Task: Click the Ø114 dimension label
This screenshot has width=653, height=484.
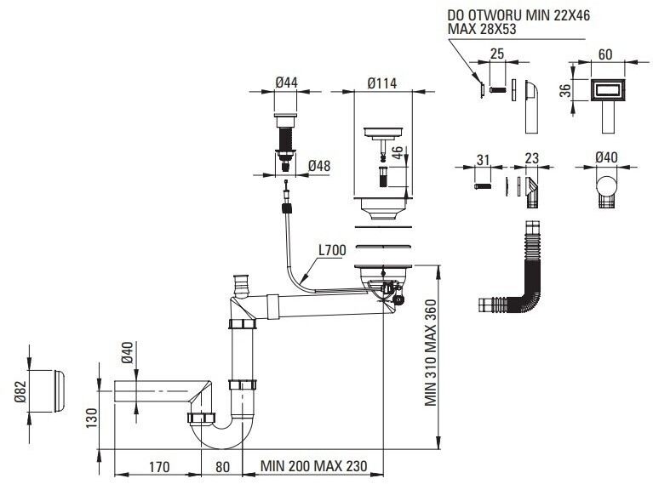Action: (x=382, y=83)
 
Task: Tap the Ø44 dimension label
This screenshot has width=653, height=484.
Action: (x=287, y=83)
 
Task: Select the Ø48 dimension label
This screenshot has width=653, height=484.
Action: (x=319, y=166)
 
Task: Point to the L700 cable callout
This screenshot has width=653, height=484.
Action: (x=332, y=250)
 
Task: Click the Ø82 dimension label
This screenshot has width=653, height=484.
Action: (x=20, y=392)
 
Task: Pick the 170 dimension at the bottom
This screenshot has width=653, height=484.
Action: (x=159, y=466)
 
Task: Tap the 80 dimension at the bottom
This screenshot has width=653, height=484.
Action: (x=222, y=466)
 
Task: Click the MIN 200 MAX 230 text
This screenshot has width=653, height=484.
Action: (x=313, y=465)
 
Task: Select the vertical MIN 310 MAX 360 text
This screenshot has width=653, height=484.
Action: (x=431, y=352)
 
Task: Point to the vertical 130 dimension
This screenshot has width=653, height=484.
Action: (x=92, y=418)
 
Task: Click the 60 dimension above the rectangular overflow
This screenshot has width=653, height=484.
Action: (x=605, y=54)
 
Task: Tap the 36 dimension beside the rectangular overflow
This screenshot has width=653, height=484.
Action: (x=565, y=90)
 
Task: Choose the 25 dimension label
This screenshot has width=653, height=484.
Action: (x=497, y=54)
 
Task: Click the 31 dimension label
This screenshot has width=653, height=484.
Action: (x=483, y=160)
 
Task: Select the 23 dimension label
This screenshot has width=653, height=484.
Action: (x=532, y=158)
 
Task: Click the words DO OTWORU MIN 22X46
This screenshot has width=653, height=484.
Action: (x=518, y=15)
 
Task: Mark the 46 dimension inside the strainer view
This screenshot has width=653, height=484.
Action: (x=398, y=152)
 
